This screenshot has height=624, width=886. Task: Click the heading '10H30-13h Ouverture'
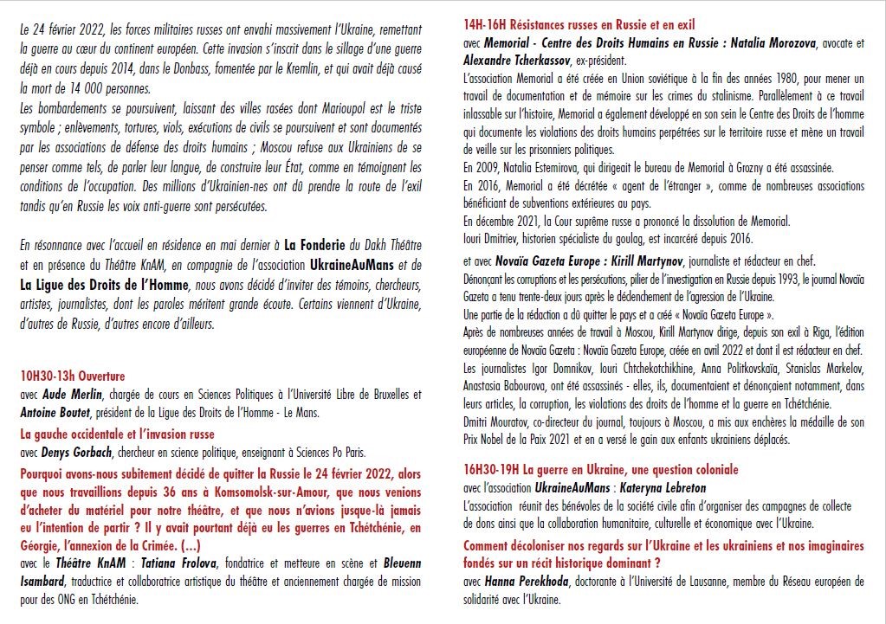click(73, 376)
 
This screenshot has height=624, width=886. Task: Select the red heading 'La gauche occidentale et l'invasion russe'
click(117, 434)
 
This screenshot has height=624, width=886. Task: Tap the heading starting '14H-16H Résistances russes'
click(579, 25)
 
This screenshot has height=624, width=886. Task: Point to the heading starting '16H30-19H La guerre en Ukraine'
click(601, 469)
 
